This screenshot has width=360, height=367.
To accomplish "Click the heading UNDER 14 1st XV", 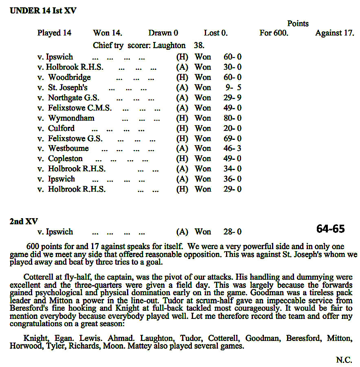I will pyautogui.click(x=43, y=11).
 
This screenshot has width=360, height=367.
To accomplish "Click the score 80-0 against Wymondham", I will pyautogui.click(x=233, y=118).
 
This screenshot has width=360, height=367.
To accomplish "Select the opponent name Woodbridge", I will pyautogui.click(x=69, y=77).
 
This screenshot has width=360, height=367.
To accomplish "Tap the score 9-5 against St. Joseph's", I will pyautogui.click(x=233, y=88).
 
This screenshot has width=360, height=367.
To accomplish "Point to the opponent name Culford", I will pyautogui.click(x=61, y=128).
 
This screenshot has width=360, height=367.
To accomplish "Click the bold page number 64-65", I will pyautogui.click(x=330, y=229).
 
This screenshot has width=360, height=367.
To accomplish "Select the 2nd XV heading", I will pyautogui.click(x=24, y=221).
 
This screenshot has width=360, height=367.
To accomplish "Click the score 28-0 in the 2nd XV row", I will pyautogui.click(x=232, y=232).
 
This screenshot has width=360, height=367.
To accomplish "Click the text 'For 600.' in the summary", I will pyautogui.click(x=274, y=33).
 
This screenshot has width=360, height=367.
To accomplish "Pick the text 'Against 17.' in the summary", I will pyautogui.click(x=334, y=33).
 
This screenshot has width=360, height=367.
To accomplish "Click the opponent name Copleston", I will pyautogui.click(x=65, y=159).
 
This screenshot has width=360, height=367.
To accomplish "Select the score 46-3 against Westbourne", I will pyautogui.click(x=233, y=148).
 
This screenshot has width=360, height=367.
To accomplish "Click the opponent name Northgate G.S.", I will pyautogui.click(x=73, y=98).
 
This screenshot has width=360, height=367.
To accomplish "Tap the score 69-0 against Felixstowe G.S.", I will pyautogui.click(x=233, y=139).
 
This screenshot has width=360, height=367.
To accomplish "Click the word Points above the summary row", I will pyautogui.click(x=298, y=24).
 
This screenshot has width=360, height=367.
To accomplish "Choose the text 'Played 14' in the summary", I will pyautogui.click(x=54, y=33).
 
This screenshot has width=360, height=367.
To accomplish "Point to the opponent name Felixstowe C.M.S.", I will pyautogui.click(x=79, y=108).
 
